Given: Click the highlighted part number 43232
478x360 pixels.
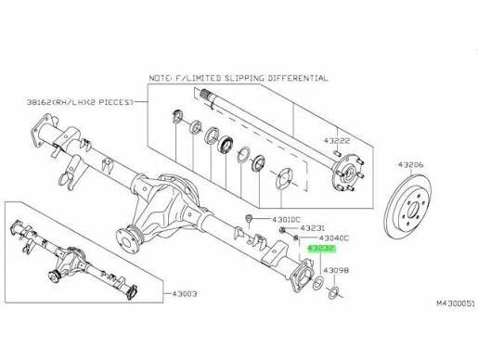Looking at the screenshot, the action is pos(321,249).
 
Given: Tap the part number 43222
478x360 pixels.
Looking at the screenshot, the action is pos(337,141).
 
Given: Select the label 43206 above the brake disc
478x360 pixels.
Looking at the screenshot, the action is pos(410,165).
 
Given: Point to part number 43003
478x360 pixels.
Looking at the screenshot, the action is pos(184,293).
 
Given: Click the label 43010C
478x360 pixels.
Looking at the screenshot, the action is pos(286,220).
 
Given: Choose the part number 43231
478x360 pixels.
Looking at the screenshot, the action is pos(312,228).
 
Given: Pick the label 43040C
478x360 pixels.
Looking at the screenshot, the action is pos(333,238).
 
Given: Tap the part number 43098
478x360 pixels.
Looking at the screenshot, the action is pos(336,271).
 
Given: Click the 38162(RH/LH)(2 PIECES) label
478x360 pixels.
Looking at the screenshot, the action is pos(80,102).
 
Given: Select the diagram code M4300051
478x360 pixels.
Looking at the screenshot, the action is pos(455,303).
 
